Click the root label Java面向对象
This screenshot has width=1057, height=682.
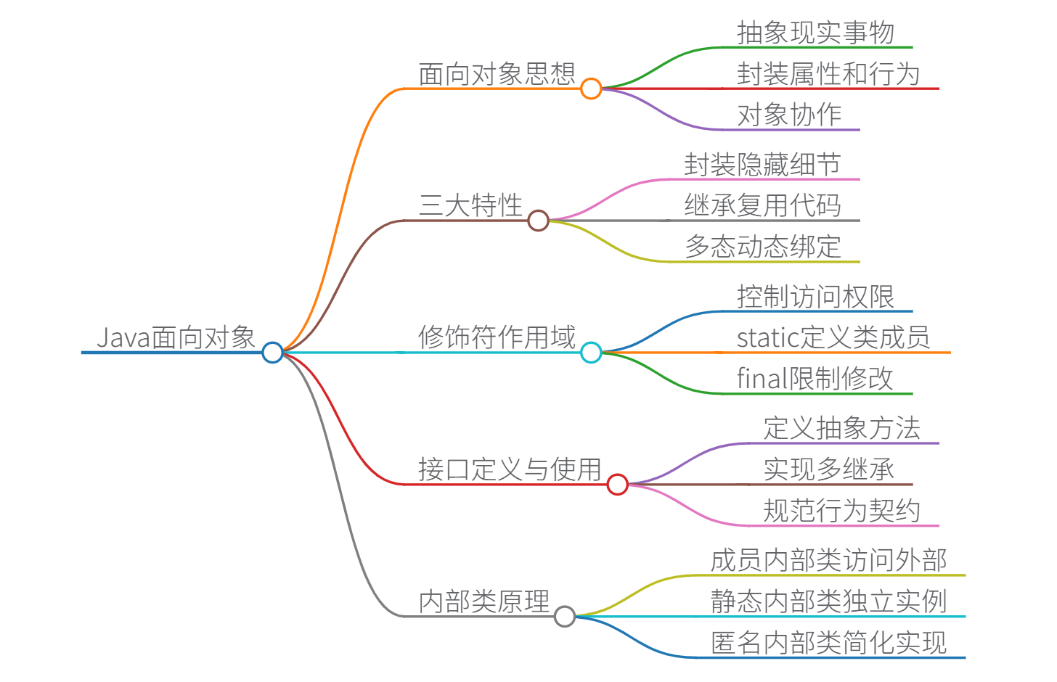176,337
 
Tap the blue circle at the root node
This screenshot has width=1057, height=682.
272,353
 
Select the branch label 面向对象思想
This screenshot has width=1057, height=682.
497,74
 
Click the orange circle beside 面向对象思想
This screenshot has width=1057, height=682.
591,89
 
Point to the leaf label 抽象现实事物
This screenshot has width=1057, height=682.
815,33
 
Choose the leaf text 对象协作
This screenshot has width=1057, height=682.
789,115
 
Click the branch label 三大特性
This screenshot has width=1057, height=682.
470,205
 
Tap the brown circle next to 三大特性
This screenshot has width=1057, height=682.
538,221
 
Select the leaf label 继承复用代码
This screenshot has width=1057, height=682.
762,205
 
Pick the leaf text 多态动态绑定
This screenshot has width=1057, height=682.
762,247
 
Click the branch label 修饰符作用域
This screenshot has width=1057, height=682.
497,337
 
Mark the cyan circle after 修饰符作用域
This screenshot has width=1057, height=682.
591,353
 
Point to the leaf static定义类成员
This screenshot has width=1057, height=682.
833,337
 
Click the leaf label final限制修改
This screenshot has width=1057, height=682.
815,378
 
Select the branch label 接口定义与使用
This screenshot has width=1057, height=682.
510,469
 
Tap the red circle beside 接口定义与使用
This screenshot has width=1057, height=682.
617,484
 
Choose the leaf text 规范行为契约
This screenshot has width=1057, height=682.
841,511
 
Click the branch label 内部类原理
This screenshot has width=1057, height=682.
483,601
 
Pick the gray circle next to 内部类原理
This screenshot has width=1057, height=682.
564,616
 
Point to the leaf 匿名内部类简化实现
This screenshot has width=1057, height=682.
828,643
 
